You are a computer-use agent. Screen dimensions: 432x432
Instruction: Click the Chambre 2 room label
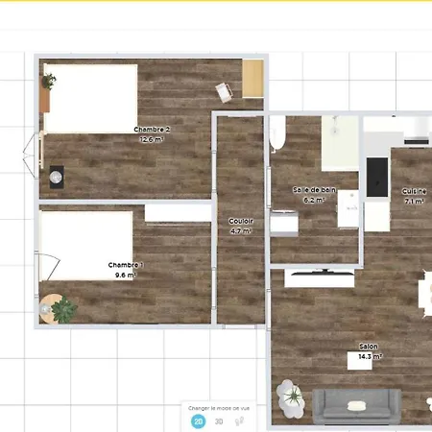click(x=153, y=130)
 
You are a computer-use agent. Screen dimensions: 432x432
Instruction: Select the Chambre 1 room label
click(x=126, y=265)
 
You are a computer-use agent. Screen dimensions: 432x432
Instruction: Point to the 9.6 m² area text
click(x=126, y=275)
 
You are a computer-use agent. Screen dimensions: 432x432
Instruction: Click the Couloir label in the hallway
click(x=240, y=221)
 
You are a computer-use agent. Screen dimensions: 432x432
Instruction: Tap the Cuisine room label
click(x=415, y=191)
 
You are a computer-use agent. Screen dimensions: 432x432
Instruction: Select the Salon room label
click(x=368, y=347)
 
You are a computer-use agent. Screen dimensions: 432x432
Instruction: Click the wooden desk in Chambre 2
click(x=252, y=79)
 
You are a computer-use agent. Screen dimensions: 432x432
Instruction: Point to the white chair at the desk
click(x=225, y=91)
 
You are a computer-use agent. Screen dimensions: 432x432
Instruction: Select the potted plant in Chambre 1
click(x=64, y=309)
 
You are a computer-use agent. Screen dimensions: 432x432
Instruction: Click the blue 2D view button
click(x=198, y=420)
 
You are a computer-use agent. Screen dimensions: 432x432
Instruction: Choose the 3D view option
click(x=219, y=420)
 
